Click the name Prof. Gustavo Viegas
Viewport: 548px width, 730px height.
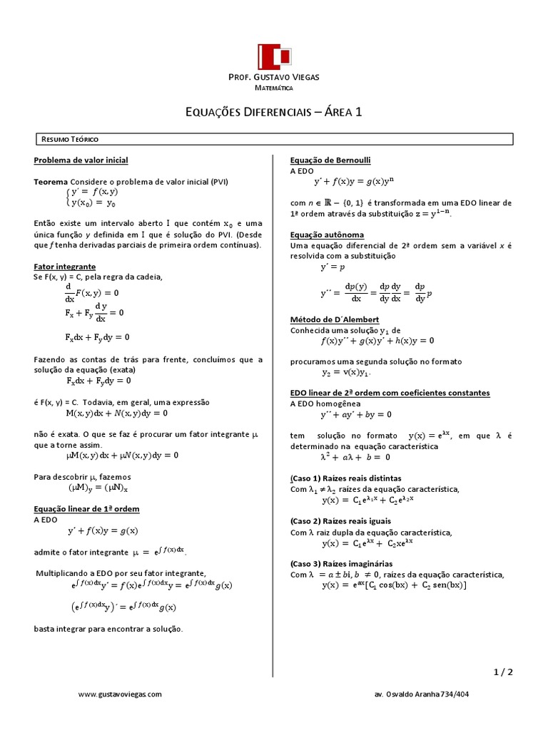pyautogui.click(x=273, y=77)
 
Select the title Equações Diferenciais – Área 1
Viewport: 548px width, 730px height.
pyautogui.click(x=274, y=112)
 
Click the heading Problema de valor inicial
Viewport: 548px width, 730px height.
pyautogui.click(x=81, y=160)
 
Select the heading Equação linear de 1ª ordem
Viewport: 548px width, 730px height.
pyautogui.click(x=86, y=509)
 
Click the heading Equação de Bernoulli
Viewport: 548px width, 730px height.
pyautogui.click(x=330, y=160)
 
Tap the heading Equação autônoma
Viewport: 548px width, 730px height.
pyautogui.click(x=328, y=235)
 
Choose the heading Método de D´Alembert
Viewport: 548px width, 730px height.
pyautogui.click(x=334, y=319)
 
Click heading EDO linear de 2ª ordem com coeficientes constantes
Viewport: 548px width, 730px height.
pyautogui.click(x=390, y=393)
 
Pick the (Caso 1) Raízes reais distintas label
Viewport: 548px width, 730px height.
pyautogui.click(x=345, y=478)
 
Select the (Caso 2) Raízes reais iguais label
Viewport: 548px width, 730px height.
pyautogui.click(x=341, y=520)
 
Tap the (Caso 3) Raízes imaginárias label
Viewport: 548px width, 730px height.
pyautogui.click(x=342, y=563)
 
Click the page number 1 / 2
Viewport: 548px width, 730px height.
pyautogui.click(x=502, y=672)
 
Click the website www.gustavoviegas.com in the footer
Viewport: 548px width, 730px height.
pyautogui.click(x=120, y=694)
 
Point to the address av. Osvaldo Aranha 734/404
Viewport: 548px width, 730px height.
pyautogui.click(x=421, y=694)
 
